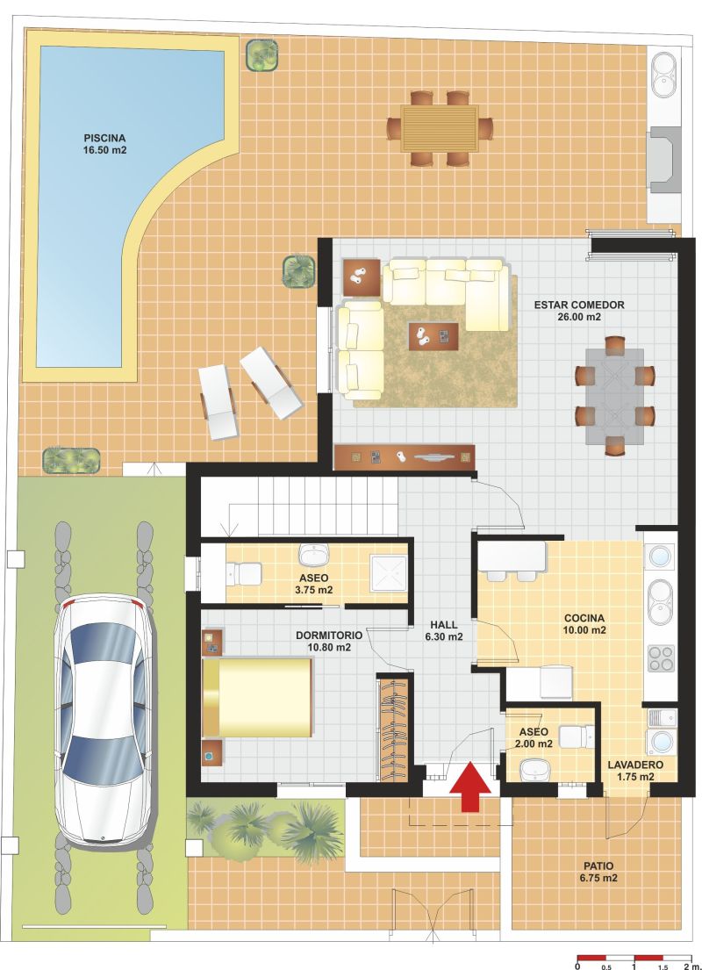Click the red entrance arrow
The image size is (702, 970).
pos(470,786)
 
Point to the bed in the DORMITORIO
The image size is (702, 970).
pos(257,697)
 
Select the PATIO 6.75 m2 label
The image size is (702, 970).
pos(598,873)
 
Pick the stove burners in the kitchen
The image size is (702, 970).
pos(661,659)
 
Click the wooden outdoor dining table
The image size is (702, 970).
pos(440,128)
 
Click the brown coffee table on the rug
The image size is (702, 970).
pos(433,336)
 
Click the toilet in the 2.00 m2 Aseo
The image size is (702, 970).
pos(577,736)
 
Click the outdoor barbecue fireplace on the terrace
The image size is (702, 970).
pos(664,160)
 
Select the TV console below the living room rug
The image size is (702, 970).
pos(405,457)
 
